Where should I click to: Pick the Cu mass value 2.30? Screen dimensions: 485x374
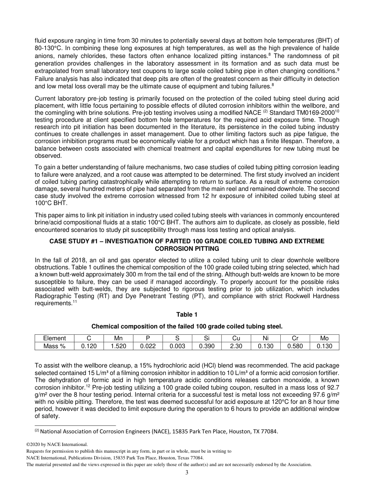(236, 346)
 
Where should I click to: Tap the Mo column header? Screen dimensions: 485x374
(324, 338)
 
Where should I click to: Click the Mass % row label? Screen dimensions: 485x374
(54, 346)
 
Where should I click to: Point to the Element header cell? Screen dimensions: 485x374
(54, 338)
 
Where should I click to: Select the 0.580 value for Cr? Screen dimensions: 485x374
(295, 346)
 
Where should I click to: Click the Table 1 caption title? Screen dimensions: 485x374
(187, 314)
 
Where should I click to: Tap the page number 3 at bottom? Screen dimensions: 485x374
(187, 473)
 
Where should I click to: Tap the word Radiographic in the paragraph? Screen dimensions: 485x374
(52, 297)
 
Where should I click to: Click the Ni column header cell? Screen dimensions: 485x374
(266, 338)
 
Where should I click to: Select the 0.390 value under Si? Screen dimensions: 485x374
(207, 346)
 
